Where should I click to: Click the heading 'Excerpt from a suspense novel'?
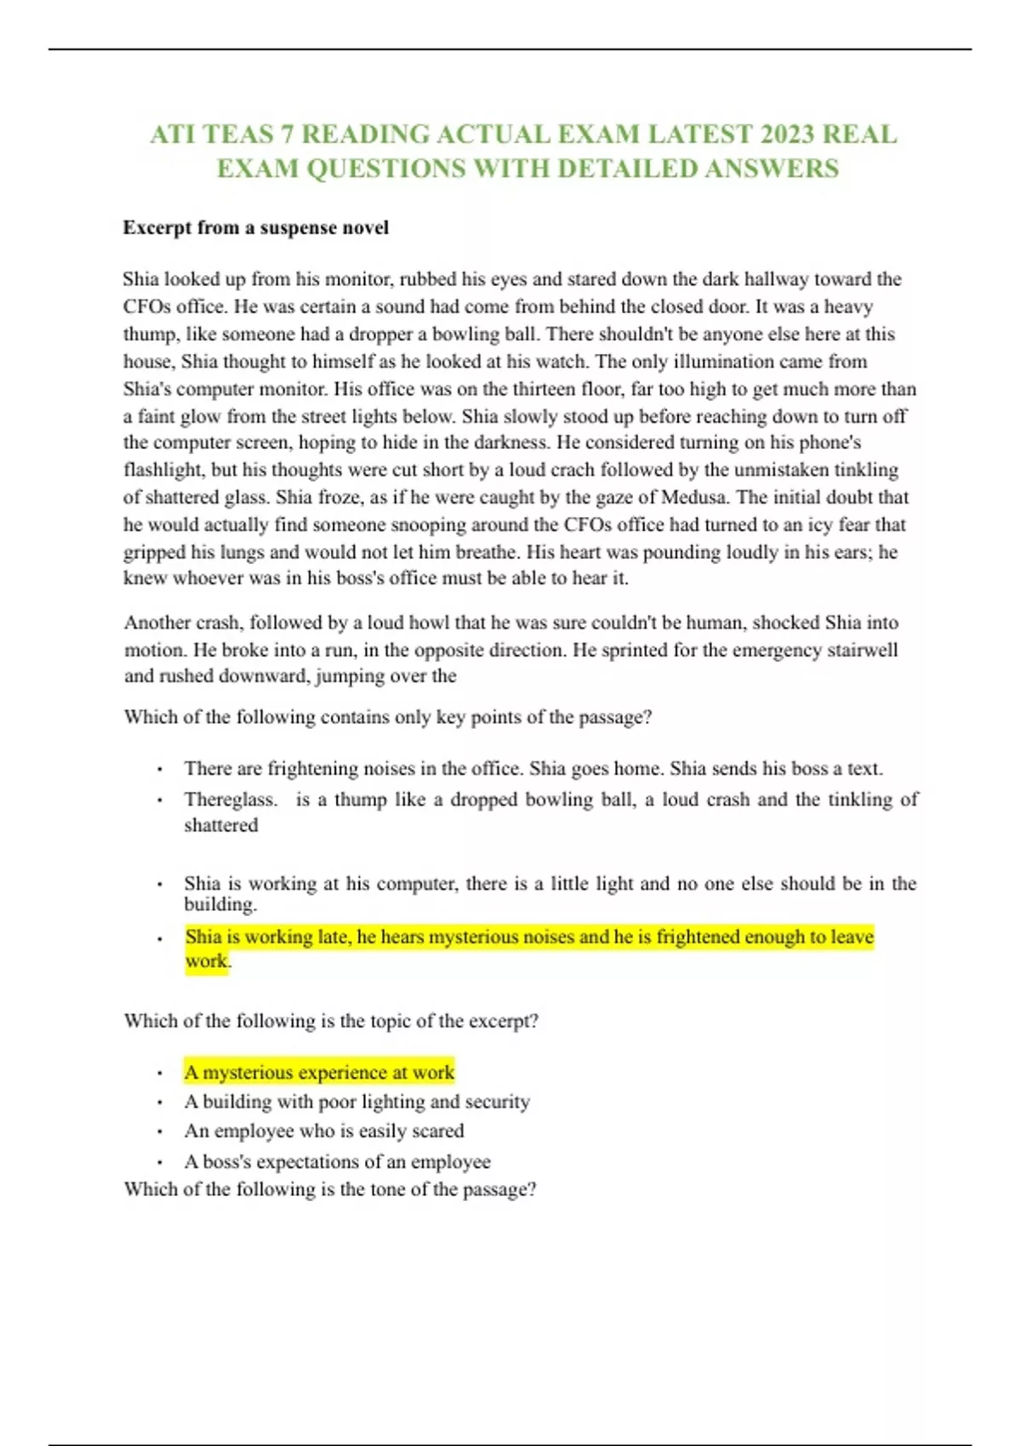click(x=256, y=228)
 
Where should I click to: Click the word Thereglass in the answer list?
click(x=231, y=800)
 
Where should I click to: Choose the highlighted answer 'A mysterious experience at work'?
click(x=320, y=1073)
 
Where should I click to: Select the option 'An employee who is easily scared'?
click(x=324, y=1131)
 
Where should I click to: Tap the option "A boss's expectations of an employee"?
click(x=337, y=1162)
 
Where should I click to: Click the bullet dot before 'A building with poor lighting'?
click(x=159, y=1102)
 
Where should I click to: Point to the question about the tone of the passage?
click(x=330, y=1189)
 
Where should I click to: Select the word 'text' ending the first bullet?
click(x=864, y=769)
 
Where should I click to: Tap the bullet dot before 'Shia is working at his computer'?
click(x=159, y=885)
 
